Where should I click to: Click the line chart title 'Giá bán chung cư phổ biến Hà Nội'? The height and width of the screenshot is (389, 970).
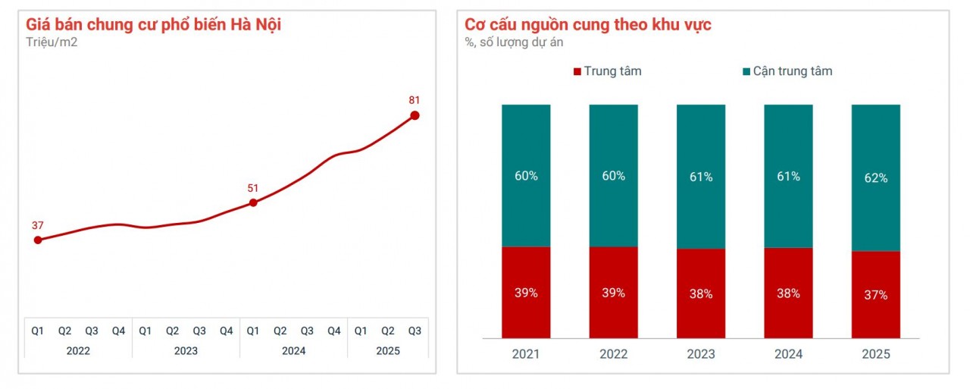(154, 24)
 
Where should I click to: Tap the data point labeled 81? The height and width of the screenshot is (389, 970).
(415, 115)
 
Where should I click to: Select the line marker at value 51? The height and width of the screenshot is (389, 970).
(253, 202)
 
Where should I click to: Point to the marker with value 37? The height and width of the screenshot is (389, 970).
(38, 240)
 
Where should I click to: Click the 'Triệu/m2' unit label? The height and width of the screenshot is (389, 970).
(52, 42)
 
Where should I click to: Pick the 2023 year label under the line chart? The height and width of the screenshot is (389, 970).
(186, 350)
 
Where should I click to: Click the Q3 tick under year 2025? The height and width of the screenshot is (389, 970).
(415, 331)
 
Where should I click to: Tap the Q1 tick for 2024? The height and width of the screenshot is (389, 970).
(253, 331)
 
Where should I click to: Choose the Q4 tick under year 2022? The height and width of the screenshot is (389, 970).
(118, 331)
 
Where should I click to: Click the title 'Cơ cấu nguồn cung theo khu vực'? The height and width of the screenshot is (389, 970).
(588, 24)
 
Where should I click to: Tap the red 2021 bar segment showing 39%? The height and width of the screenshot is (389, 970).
(526, 293)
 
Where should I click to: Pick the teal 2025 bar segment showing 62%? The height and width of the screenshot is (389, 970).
(876, 178)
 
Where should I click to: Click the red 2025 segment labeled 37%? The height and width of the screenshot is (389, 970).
(876, 295)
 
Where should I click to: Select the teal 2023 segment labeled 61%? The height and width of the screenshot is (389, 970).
(701, 177)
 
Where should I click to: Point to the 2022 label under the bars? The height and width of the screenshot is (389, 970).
(613, 354)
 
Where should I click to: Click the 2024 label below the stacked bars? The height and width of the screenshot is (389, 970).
(788, 354)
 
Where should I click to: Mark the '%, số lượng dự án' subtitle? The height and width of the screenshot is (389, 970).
(514, 42)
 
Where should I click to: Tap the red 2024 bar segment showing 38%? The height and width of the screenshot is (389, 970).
(788, 293)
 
